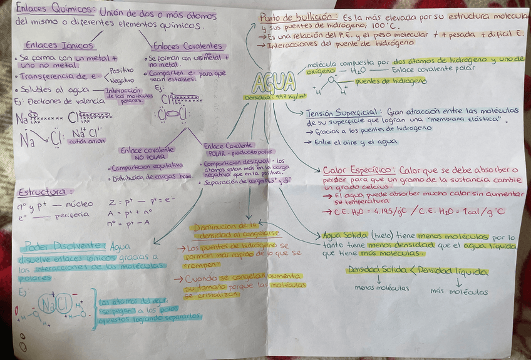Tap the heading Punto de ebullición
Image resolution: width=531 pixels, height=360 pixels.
point(297,18)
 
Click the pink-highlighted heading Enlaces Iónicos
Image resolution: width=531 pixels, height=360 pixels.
point(59,45)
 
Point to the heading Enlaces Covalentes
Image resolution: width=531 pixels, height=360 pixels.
point(187,46)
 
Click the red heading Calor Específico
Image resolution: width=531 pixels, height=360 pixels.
point(359,170)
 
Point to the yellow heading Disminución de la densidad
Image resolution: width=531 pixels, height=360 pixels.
point(225,230)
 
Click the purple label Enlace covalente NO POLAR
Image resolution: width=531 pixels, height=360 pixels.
point(147,154)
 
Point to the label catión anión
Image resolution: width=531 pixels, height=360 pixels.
point(88,141)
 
